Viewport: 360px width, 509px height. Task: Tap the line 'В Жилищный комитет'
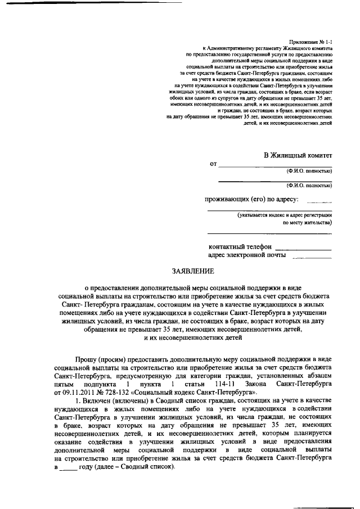298,155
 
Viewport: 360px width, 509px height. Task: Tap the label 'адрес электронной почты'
247,255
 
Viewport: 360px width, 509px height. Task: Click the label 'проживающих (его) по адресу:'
251,199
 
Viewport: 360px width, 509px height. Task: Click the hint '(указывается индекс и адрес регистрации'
284,215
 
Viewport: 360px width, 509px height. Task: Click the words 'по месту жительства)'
307,223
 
